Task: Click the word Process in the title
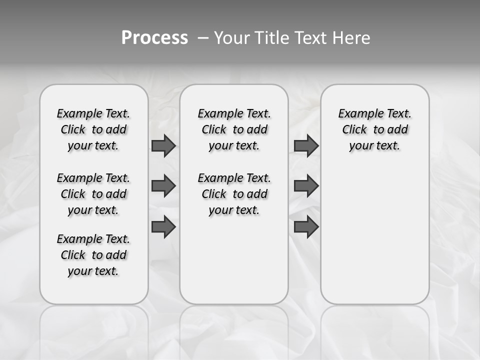click(x=154, y=38)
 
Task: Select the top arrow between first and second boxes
click(x=163, y=145)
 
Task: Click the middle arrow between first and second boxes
click(x=163, y=186)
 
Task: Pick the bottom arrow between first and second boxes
click(x=163, y=227)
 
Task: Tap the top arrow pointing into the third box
click(x=306, y=145)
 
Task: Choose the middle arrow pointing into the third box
click(x=306, y=186)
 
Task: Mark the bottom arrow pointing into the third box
click(x=306, y=227)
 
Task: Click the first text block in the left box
click(x=93, y=129)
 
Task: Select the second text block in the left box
click(x=93, y=194)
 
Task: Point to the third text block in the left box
click(x=93, y=255)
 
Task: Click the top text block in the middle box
click(x=234, y=129)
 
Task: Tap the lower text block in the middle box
click(x=234, y=194)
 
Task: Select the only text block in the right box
click(x=374, y=129)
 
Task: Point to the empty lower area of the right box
click(x=374, y=235)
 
